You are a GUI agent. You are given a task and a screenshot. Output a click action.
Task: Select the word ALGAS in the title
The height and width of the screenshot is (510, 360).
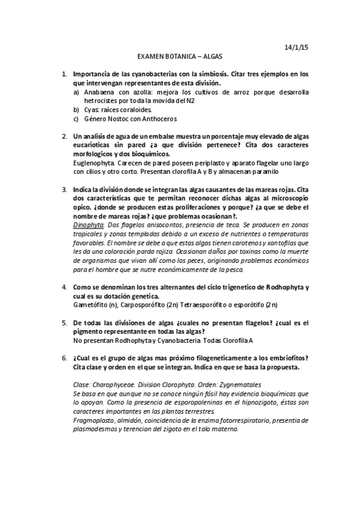(x=210, y=57)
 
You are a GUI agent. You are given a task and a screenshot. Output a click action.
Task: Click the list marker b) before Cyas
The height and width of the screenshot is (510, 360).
(x=76, y=110)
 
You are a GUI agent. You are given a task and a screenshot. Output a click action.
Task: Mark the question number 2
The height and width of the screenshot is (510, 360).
(x=64, y=137)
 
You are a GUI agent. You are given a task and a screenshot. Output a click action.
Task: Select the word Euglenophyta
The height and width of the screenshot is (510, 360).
(x=93, y=163)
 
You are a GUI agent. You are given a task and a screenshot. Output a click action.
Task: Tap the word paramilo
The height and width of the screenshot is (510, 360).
(x=264, y=171)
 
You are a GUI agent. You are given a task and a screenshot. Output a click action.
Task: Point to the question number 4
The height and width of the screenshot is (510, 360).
(x=64, y=287)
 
